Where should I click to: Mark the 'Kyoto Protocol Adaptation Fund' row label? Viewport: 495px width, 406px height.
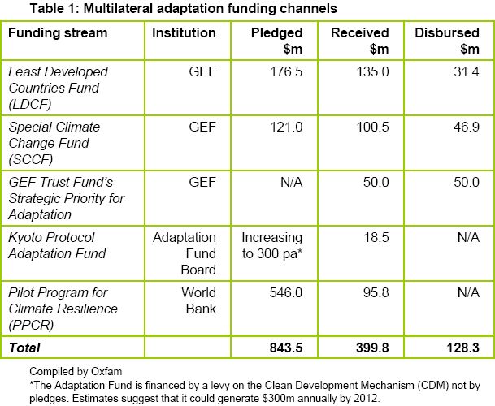pos(58,245)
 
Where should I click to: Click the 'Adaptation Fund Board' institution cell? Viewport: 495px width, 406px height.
pos(185,253)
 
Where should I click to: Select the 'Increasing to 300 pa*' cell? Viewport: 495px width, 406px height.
pos(271,245)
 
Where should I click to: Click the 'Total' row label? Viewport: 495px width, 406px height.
pos(24,348)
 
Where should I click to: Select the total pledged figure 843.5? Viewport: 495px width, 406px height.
pos(285,348)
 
